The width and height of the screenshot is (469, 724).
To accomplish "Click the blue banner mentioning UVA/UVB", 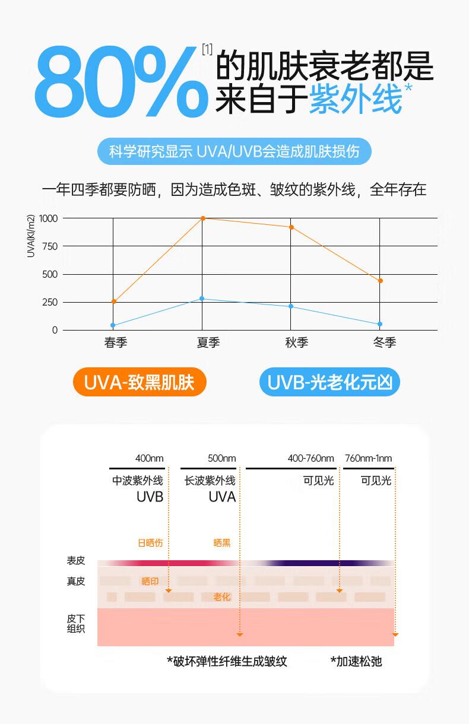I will coord(234,151).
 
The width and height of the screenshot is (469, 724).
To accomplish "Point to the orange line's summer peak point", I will coord(202,218).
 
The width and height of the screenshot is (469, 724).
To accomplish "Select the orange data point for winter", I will coord(380,281).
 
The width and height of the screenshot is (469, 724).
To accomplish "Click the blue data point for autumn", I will coord(291,306).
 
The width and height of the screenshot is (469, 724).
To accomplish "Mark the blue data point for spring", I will coord(113,325).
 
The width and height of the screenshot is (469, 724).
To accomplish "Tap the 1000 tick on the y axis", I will coord(49,218).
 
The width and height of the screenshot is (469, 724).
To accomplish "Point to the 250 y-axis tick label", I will coord(50,302).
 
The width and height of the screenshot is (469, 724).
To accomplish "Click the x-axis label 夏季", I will coord(208,343).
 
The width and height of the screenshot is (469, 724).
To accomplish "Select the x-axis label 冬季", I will coord(385,343).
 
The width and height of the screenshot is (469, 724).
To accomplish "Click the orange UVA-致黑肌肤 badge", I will coord(139,383).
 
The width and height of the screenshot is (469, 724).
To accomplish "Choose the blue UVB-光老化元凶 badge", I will coord(329,383).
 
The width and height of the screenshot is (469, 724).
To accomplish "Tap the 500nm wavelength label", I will coord(221,458).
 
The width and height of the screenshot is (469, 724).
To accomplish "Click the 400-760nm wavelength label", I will coord(310,458).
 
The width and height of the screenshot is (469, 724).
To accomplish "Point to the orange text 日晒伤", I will coord(150,542).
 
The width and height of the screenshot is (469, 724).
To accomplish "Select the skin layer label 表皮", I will coord(76,561).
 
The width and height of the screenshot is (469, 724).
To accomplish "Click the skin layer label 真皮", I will coord(76,582).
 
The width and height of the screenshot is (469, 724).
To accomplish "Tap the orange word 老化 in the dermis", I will coord(222,597).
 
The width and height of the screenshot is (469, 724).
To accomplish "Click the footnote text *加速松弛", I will coord(356,661).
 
